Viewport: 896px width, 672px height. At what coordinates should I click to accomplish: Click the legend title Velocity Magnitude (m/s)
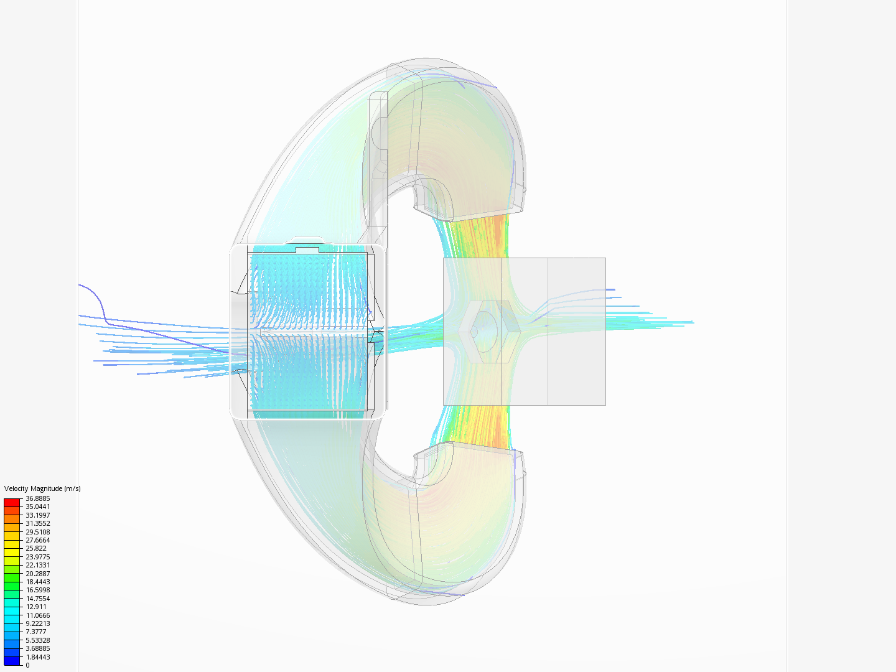42,488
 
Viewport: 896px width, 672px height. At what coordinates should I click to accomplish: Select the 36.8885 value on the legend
37,498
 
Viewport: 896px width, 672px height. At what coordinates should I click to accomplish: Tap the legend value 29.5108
37,532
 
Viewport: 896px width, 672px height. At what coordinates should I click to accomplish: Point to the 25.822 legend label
36,548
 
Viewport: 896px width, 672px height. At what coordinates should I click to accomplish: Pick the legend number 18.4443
37,582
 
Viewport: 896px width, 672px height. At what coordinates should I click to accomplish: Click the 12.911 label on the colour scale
36,607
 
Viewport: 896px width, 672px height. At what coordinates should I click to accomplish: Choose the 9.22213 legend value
37,623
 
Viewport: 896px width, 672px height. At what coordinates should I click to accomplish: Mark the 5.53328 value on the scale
37,640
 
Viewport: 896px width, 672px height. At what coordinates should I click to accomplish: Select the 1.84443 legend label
37,657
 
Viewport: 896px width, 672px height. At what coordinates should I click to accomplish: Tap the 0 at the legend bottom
27,666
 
